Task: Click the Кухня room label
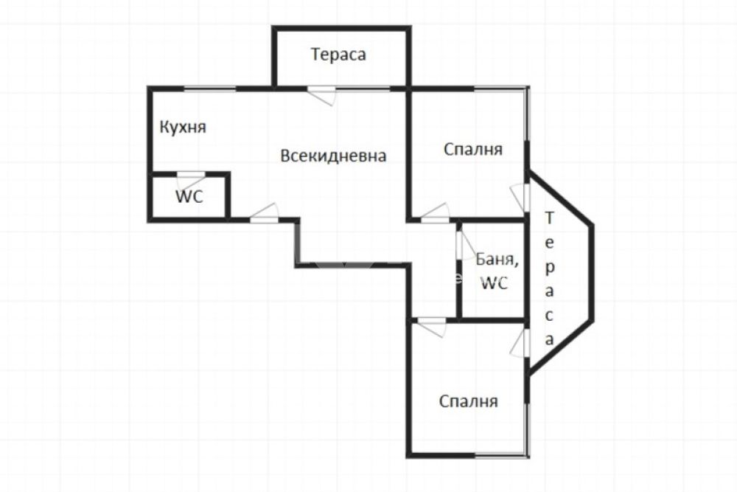tap(183, 128)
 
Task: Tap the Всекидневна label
tap(333, 156)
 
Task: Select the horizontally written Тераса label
tap(338, 55)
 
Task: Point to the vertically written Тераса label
tap(549, 278)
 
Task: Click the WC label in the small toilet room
tap(189, 196)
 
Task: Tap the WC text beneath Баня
tap(494, 283)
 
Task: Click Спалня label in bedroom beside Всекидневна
tap(473, 150)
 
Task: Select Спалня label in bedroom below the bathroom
tap(469, 401)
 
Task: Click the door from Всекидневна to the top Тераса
tap(321, 95)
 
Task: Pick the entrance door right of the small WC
tap(264, 213)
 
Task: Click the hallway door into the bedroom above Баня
tap(436, 213)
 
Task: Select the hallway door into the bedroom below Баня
tap(432, 327)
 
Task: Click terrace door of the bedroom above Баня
tap(520, 198)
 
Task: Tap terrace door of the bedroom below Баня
tap(520, 343)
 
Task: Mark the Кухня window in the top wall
tap(209, 89)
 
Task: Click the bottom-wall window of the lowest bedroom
tap(500, 455)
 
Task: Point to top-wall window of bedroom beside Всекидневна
tap(500, 89)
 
